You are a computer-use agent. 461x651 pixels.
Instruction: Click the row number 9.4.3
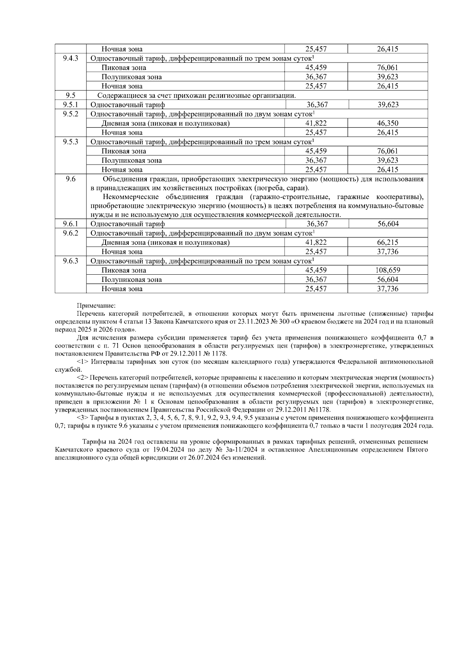(x=70, y=58)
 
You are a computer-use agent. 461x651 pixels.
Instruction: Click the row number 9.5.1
(x=70, y=105)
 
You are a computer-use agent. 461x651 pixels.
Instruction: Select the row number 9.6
(x=70, y=179)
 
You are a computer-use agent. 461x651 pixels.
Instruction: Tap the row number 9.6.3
(x=70, y=261)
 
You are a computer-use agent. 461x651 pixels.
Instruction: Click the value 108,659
(x=388, y=270)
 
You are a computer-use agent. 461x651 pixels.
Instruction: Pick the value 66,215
(x=388, y=242)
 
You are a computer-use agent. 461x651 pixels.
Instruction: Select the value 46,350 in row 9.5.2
(x=388, y=124)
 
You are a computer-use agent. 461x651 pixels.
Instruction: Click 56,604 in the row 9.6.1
(x=388, y=224)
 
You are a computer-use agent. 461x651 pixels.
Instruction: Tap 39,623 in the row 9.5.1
(x=388, y=105)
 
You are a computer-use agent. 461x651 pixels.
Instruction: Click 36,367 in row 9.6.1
(x=317, y=224)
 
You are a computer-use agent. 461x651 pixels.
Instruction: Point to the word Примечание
(x=96, y=306)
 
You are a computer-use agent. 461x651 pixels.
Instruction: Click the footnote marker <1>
(x=83, y=362)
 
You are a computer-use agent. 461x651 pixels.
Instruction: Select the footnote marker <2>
(x=83, y=378)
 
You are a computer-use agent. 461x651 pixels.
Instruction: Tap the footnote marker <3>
(x=83, y=418)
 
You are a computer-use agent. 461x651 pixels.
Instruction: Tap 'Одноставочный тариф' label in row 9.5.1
(x=128, y=105)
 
